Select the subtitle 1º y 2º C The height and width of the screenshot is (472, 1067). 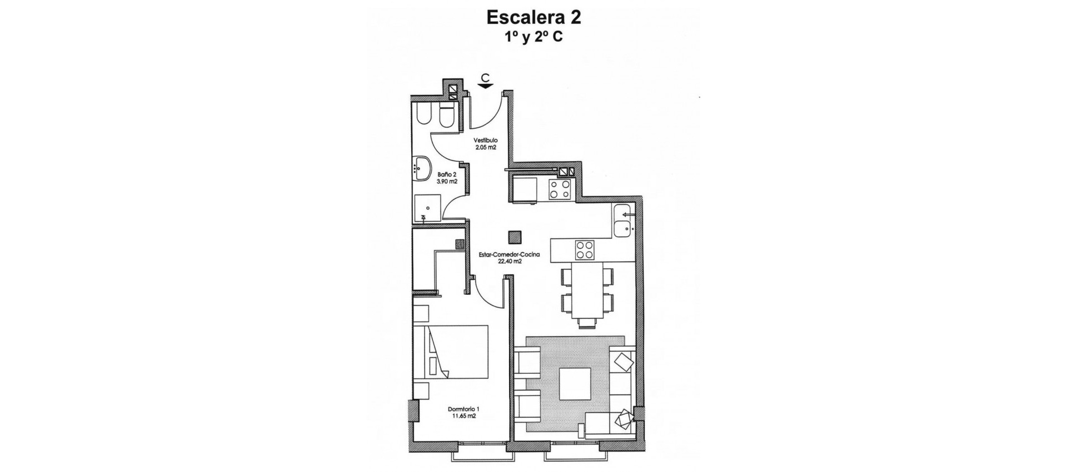point(533,37)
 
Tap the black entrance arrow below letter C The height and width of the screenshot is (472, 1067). point(486,86)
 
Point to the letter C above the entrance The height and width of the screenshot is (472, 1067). point(486,77)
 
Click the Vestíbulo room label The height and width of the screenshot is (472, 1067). point(485,140)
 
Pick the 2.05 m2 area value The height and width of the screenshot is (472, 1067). point(485,147)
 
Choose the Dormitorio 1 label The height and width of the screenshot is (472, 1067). point(463,410)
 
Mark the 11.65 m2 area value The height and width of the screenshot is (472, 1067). point(463,416)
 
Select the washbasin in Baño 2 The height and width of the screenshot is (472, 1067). point(423,167)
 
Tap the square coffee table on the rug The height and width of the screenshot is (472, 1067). point(575,384)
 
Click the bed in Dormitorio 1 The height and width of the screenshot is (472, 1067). point(450,353)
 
